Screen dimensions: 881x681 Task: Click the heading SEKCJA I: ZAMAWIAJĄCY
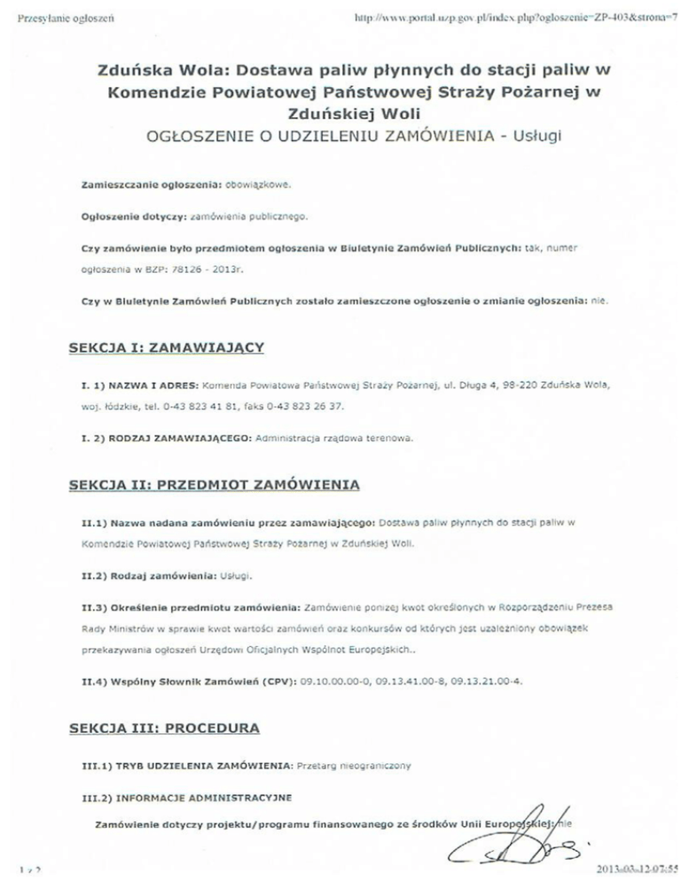click(x=167, y=349)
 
